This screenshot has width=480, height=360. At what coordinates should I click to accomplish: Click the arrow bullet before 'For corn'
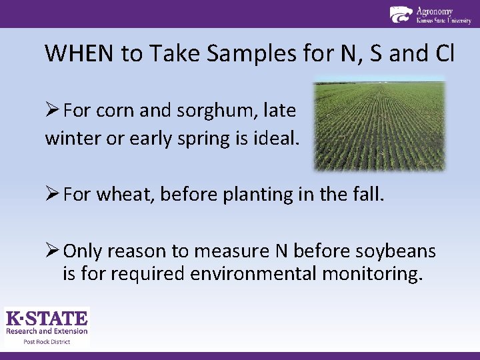click(53, 110)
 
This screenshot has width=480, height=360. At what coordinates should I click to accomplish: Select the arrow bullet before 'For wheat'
click(53, 195)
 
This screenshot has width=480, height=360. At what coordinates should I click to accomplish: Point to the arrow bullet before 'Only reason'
click(53, 251)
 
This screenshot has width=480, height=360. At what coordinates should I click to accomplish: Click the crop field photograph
click(379, 125)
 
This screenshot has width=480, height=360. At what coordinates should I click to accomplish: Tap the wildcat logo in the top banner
click(401, 15)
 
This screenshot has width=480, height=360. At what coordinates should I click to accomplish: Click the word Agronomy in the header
click(434, 11)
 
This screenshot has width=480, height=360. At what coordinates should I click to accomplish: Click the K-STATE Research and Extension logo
click(47, 323)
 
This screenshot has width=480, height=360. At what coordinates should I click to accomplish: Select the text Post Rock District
click(47, 341)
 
